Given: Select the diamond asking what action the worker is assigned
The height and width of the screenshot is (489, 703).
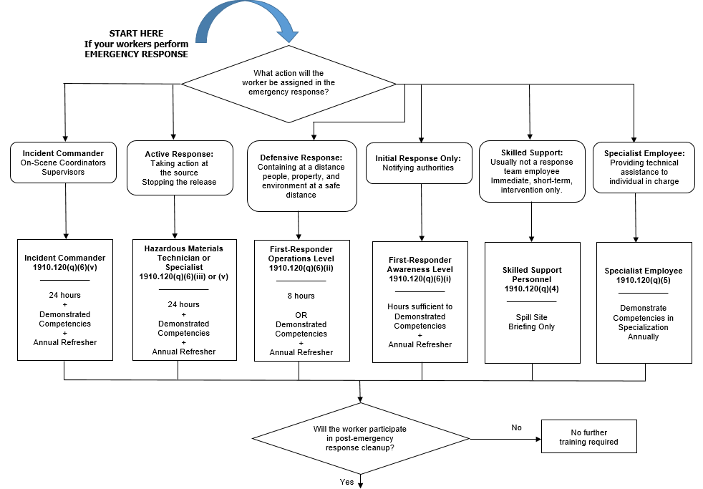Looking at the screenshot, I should point(289,83).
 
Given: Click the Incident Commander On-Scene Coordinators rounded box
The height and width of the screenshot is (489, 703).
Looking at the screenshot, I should point(64,163).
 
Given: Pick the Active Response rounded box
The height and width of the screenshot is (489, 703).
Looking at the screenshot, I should point(179,168).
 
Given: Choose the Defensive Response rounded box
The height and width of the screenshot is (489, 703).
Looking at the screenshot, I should point(301,175).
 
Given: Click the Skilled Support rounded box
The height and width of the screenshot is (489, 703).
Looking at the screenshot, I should point(531,171).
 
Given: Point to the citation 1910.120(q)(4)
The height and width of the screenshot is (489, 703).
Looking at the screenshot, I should point(532,289).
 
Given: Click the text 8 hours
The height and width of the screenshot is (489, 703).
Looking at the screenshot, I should point(301,296).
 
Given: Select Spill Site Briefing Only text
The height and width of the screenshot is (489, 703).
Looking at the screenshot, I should point(531,322).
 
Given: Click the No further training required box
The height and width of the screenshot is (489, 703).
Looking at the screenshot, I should point(588,437).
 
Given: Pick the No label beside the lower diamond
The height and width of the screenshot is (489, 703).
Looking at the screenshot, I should point(516,427).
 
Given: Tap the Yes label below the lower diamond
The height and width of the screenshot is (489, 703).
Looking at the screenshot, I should point(346,482).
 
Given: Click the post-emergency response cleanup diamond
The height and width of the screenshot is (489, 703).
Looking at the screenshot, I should point(360,437).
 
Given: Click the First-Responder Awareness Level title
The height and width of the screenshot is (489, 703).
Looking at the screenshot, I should point(421,265).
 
